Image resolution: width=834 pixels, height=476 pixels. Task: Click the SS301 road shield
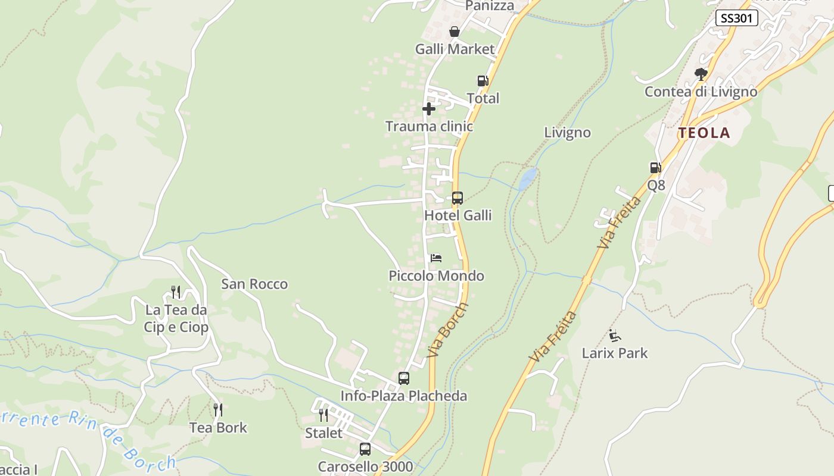click(x=736, y=18)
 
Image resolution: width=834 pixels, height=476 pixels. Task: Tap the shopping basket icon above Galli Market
click(x=455, y=32)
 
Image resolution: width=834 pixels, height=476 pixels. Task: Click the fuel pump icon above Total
click(x=483, y=81)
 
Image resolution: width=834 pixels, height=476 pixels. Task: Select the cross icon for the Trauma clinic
click(x=428, y=109)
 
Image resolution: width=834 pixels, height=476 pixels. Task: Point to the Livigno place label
click(x=567, y=133)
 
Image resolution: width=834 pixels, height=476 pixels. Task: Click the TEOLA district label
click(x=704, y=133)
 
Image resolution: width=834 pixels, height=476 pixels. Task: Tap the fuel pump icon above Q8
click(x=655, y=168)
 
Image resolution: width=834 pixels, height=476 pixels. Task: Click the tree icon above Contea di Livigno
click(x=701, y=74)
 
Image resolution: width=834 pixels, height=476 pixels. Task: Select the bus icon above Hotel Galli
click(x=458, y=198)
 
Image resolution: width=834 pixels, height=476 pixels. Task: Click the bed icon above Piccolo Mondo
click(x=436, y=258)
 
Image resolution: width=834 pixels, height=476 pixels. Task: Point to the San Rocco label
click(x=254, y=284)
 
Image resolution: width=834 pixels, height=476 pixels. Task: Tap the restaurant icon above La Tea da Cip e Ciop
click(x=176, y=292)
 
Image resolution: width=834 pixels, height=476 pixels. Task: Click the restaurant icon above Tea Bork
click(x=218, y=410)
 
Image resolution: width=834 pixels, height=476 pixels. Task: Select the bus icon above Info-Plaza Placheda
click(x=404, y=378)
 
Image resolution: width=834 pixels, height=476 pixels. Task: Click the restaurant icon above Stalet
click(x=323, y=415)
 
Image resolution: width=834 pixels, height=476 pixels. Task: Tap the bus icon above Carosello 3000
click(x=365, y=449)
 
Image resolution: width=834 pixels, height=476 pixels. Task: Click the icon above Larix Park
click(x=615, y=336)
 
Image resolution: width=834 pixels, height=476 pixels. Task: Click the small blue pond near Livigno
click(x=527, y=178)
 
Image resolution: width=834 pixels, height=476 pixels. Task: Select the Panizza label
click(x=489, y=6)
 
